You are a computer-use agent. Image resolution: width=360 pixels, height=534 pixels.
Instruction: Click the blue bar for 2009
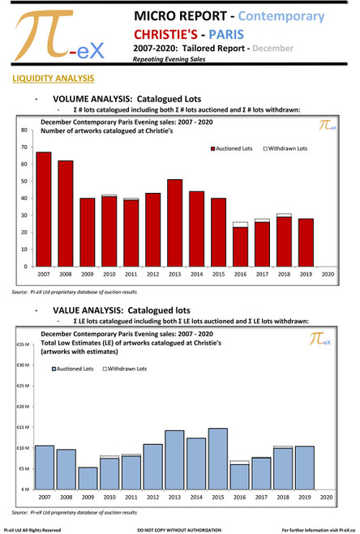88,478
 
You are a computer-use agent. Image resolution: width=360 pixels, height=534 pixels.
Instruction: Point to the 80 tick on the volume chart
25,130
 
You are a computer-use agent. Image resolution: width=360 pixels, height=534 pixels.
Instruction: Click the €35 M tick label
23,345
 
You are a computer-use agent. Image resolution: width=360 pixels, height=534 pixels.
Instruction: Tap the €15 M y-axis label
23,428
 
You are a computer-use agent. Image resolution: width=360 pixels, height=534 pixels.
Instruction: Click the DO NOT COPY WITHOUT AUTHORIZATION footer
180,529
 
